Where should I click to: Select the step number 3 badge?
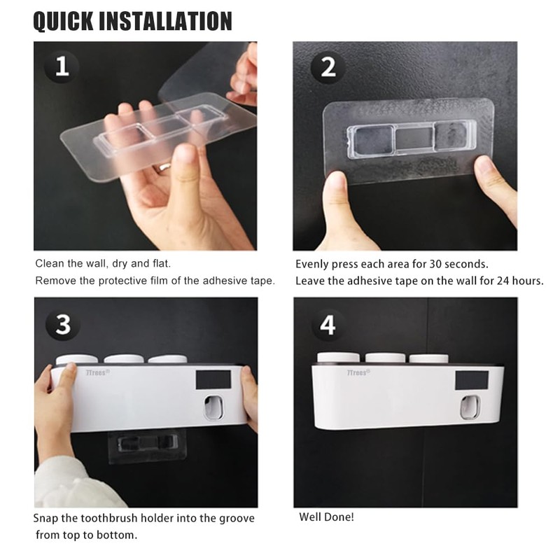[62, 325]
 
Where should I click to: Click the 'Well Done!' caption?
[326, 517]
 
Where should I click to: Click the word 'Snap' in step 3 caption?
[47, 519]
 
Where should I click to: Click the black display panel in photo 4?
[472, 381]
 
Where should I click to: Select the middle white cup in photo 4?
[384, 358]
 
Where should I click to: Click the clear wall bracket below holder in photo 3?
[141, 445]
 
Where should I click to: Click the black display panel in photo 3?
[213, 379]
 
